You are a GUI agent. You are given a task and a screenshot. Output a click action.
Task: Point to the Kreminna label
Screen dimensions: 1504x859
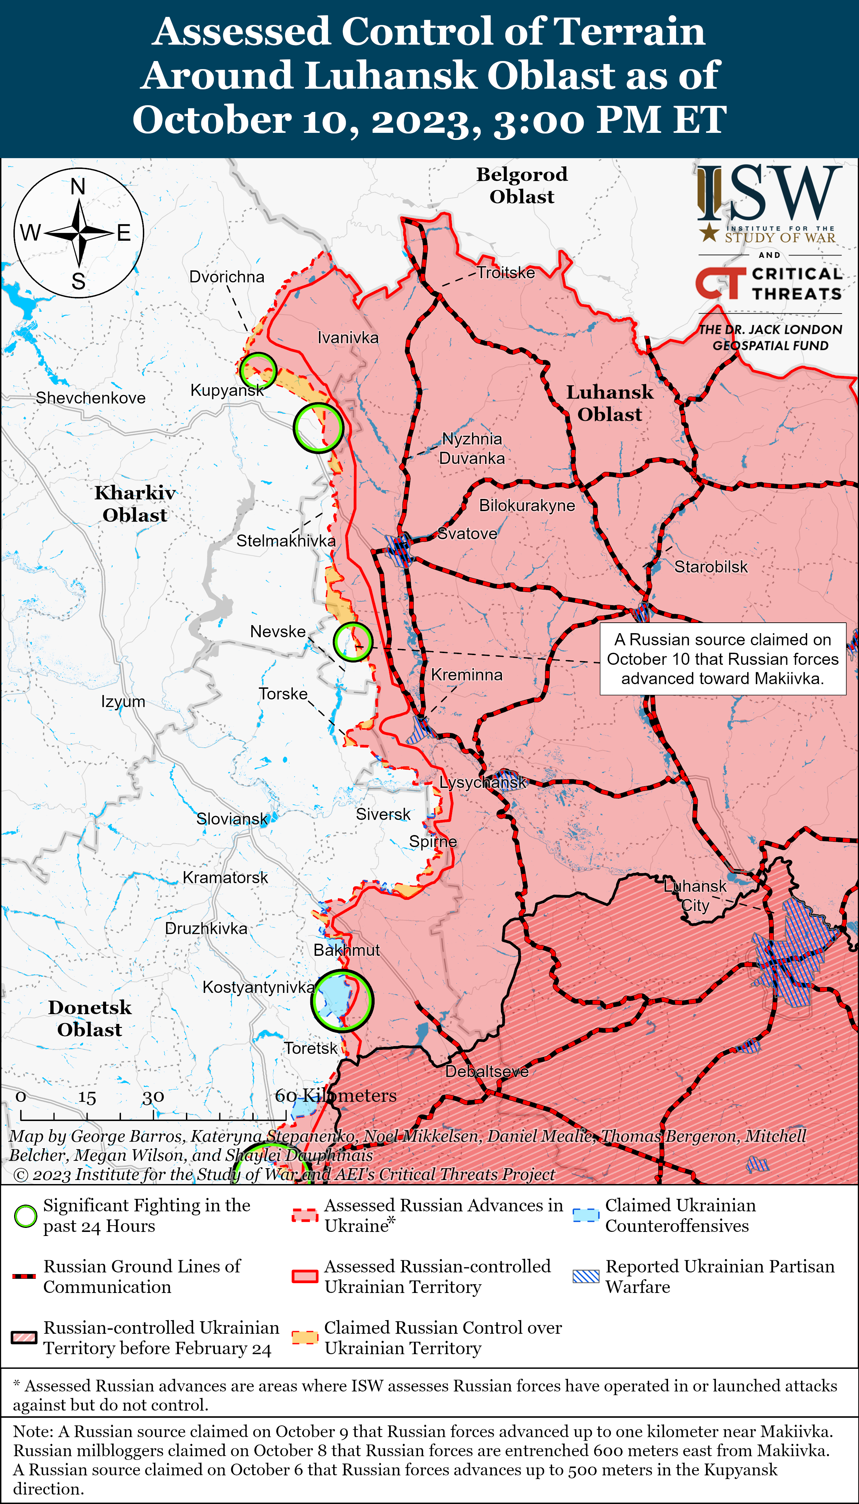pyautogui.click(x=466, y=675)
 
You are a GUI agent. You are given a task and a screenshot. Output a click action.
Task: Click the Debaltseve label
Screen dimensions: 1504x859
pyautogui.click(x=487, y=1071)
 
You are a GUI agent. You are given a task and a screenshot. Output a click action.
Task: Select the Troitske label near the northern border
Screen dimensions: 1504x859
pyautogui.click(x=506, y=273)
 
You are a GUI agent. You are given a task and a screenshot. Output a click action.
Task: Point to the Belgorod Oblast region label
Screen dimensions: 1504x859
pyautogui.click(x=521, y=185)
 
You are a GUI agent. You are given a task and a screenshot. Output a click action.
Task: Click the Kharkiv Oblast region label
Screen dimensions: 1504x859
pyautogui.click(x=135, y=503)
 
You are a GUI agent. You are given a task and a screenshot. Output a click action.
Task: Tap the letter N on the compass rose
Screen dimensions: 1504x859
pyautogui.click(x=78, y=187)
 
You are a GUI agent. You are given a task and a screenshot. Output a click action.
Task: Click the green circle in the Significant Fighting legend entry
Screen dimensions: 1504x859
pyautogui.click(x=25, y=1216)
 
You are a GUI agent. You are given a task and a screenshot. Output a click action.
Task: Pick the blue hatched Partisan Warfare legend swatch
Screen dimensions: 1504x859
pyautogui.click(x=586, y=1276)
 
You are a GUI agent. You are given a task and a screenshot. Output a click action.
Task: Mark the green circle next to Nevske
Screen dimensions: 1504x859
pyautogui.click(x=353, y=642)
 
